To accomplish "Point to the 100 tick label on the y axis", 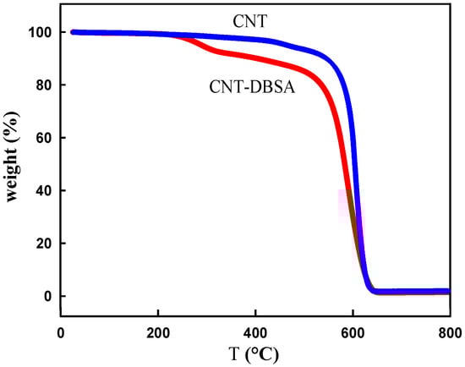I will click(x=39, y=32).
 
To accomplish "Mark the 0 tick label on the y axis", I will click(x=46, y=296).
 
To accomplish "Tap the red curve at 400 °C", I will click(x=255, y=60).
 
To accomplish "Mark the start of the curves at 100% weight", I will click(x=73, y=32).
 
